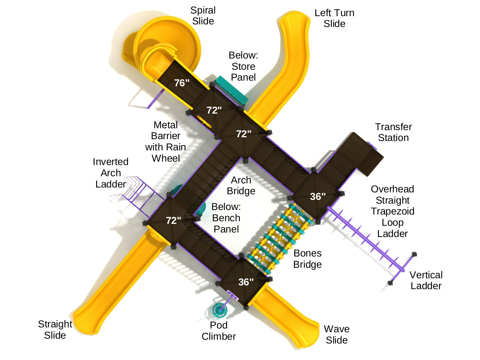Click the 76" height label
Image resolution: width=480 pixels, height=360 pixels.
[182, 83]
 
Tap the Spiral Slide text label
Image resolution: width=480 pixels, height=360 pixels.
[203, 16]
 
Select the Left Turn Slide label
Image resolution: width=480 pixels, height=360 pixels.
[334, 18]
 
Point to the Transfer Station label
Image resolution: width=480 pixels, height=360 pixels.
[393, 132]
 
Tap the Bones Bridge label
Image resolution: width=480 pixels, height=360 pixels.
[307, 259]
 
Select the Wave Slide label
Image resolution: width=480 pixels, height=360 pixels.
[337, 334]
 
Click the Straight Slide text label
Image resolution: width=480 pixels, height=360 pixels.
[55, 330]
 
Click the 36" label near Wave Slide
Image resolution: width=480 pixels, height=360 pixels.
[246, 282]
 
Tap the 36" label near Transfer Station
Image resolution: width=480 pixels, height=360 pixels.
[317, 196]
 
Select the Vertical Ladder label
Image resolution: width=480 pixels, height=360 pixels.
[426, 280]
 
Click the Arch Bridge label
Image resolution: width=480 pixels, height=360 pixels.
[241, 186]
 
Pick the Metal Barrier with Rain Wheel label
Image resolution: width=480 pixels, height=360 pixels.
[166, 141]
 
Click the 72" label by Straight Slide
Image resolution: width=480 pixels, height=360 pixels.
[173, 220]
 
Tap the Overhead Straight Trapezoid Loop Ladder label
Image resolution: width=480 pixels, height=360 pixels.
[393, 211]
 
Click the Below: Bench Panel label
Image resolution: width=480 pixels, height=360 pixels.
[226, 218]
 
